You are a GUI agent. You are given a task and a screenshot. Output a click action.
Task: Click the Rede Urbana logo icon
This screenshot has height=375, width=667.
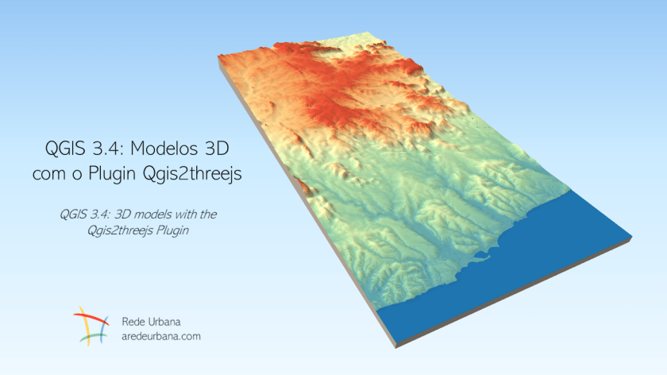click(91, 327)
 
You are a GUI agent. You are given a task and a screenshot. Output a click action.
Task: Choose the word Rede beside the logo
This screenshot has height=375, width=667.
click(136, 322)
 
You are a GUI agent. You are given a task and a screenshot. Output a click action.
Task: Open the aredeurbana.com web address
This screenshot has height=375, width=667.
click(160, 336)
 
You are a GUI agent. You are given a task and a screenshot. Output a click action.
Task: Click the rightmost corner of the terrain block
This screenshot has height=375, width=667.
click(632, 238)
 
